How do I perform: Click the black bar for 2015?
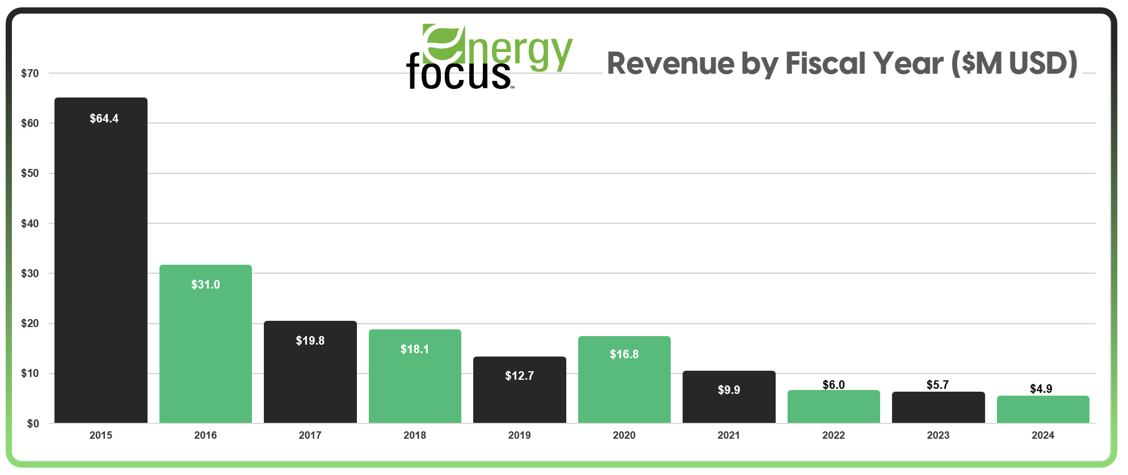point(101,261)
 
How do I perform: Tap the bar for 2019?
point(519,397)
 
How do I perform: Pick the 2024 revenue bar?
point(1043,410)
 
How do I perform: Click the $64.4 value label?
point(104,118)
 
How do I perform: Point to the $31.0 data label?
point(205,285)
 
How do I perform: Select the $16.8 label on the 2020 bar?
point(624,354)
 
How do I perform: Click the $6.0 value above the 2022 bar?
point(834,385)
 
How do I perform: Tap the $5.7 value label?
point(937,385)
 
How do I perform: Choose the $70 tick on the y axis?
point(30,73)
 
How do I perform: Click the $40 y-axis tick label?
point(30,223)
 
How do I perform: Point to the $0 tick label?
point(33,423)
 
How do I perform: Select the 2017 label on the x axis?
point(310,435)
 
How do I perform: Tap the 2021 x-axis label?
point(729,435)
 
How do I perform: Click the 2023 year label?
point(938,435)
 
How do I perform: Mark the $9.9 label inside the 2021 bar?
point(729,390)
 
